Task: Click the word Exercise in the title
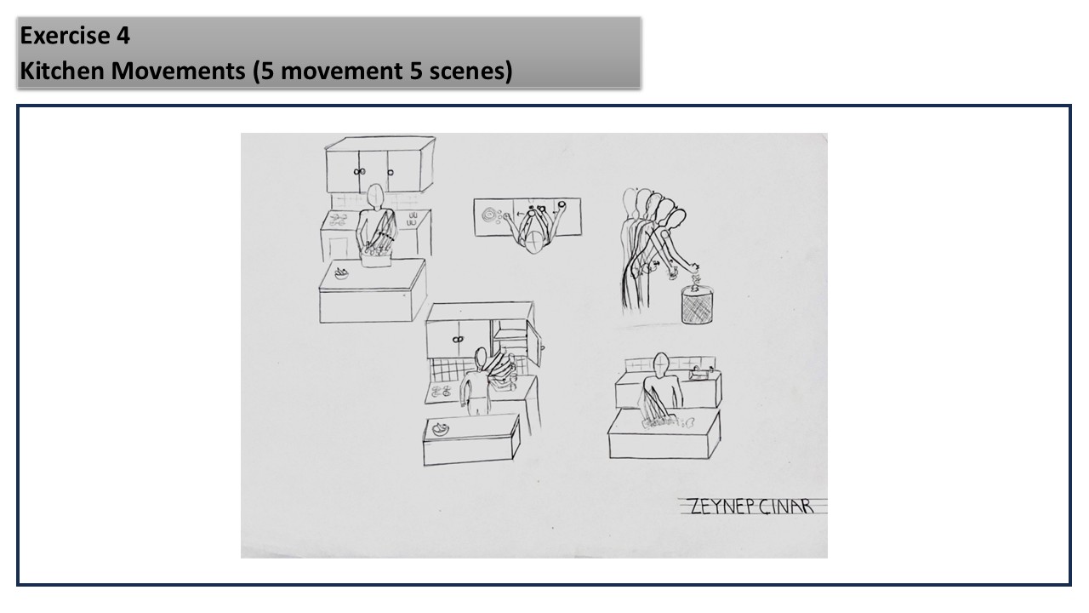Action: coord(65,36)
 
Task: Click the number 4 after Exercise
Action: coord(123,36)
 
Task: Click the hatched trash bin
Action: coord(697,305)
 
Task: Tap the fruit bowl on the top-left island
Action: coord(341,273)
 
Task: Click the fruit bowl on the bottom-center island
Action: coord(441,428)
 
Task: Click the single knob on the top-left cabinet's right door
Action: coord(390,172)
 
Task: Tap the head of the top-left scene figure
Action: coord(375,196)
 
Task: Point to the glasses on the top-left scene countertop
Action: coord(413,219)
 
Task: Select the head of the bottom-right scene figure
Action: coord(661,364)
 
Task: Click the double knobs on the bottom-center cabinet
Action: coord(457,340)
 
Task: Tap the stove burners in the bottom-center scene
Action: coord(441,391)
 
